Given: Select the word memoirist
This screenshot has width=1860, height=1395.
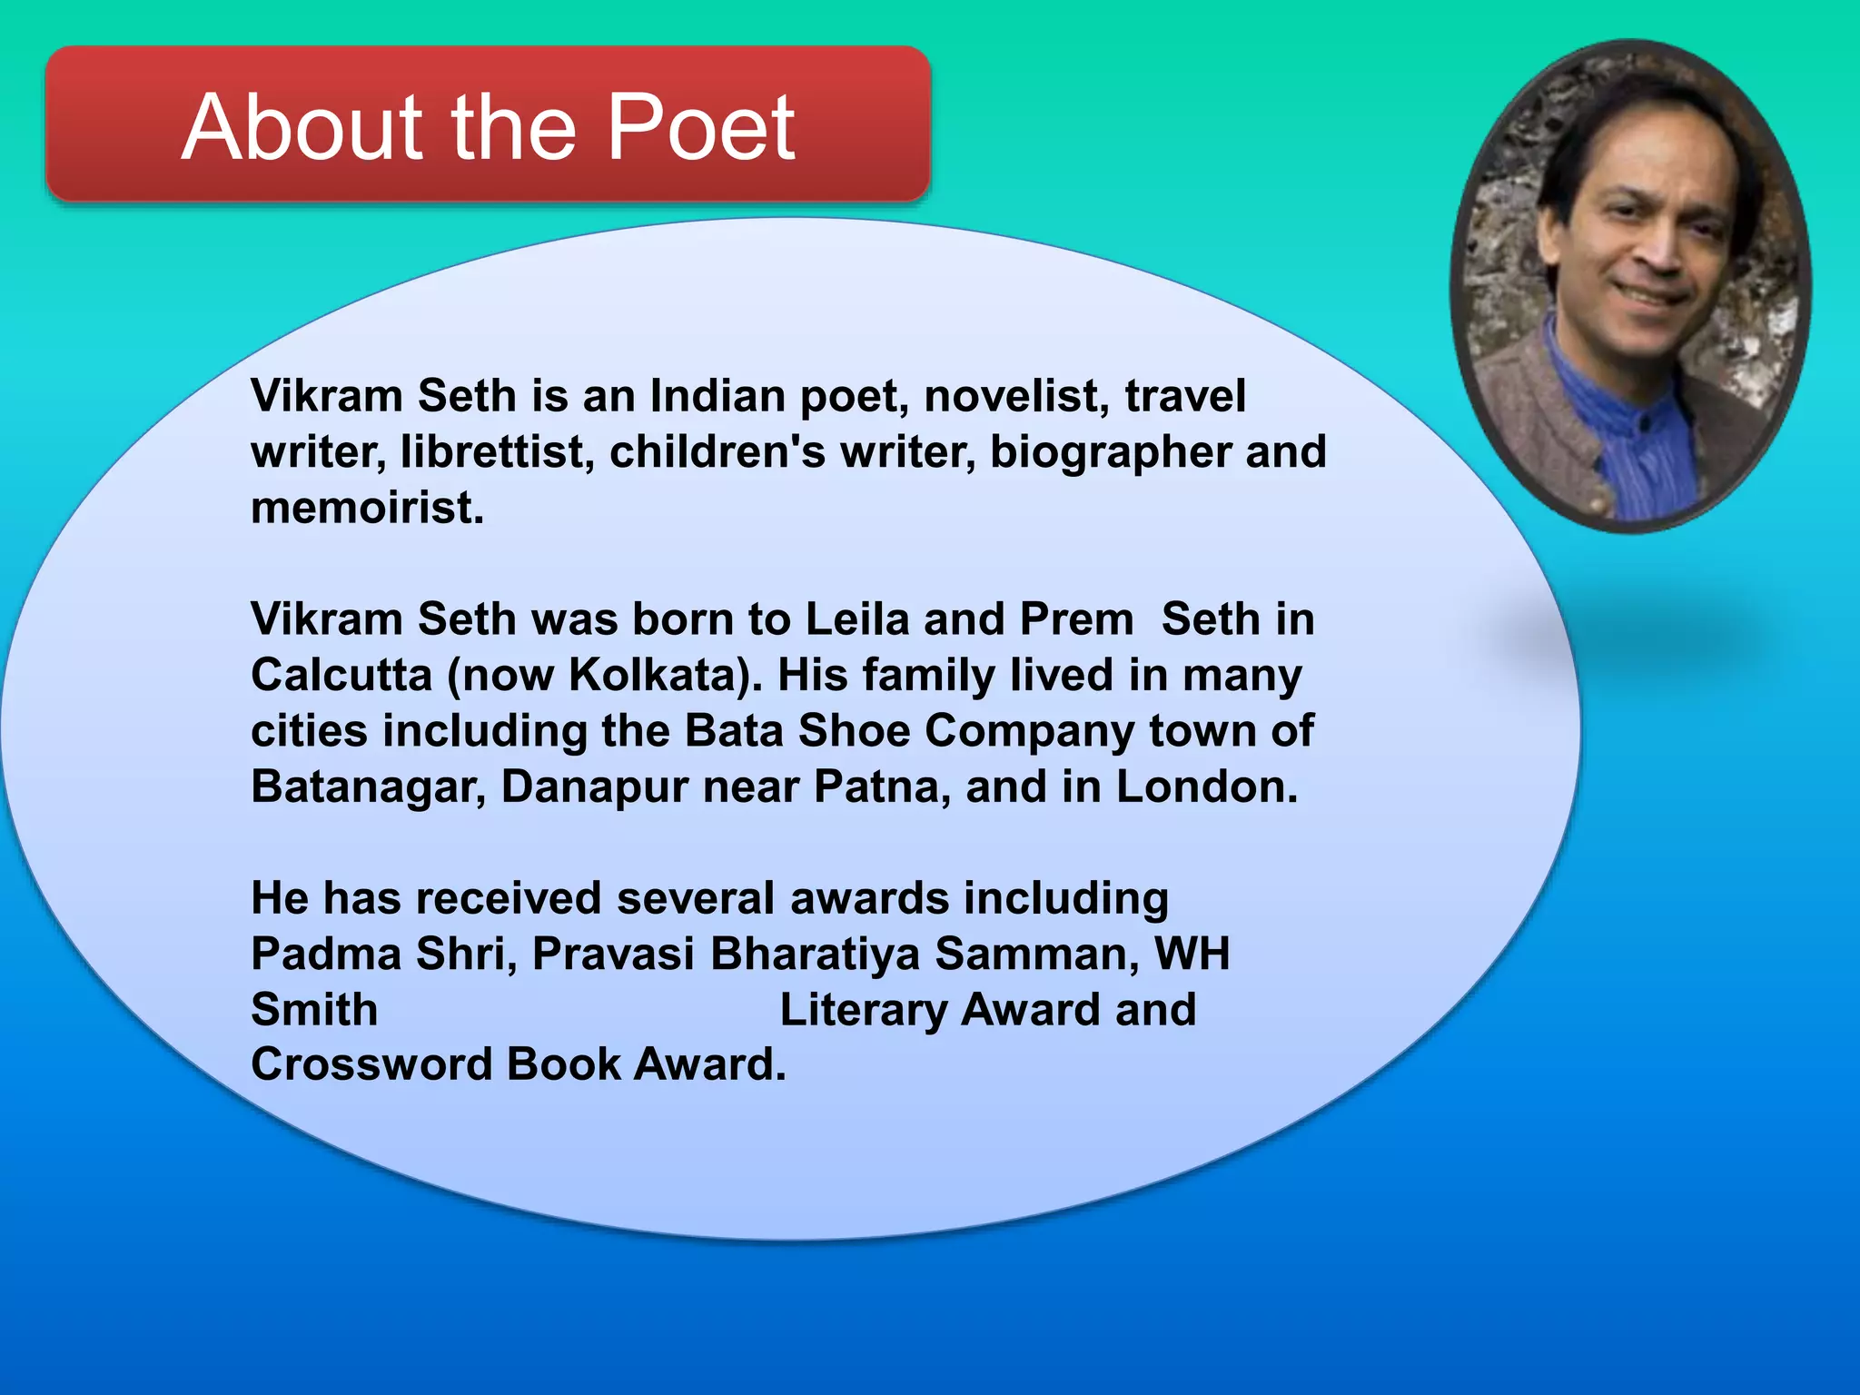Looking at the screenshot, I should point(367,508).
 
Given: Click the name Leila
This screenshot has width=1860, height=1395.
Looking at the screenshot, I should point(857,619).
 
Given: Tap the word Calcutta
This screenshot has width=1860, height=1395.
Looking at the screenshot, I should point(341,676).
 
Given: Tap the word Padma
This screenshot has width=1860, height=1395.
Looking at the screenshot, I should point(326,954).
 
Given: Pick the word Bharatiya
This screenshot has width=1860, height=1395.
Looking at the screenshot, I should point(815,954).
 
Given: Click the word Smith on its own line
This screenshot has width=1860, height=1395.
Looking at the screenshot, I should point(314,1010).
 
